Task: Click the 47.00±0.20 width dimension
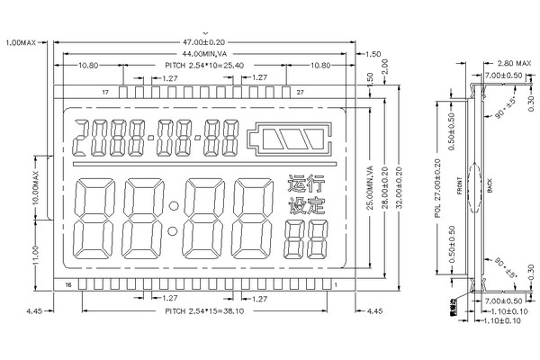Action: tap(205, 41)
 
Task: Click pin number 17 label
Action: tap(106, 93)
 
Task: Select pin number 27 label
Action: tap(300, 93)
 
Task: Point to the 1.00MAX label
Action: tap(21, 41)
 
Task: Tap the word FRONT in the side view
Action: tap(459, 187)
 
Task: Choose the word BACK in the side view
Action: tap(489, 187)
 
